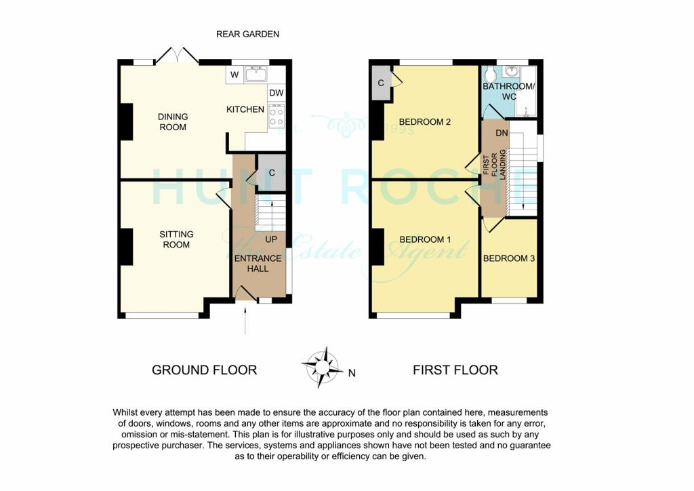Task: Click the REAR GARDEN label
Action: pyautogui.click(x=247, y=34)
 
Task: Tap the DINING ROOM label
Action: pyautogui.click(x=173, y=121)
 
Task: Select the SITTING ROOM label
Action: pyautogui.click(x=176, y=239)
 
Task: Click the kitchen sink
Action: pyautogui.click(x=256, y=74)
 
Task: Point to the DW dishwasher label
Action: pyautogui.click(x=276, y=94)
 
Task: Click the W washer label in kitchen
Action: pyautogui.click(x=234, y=75)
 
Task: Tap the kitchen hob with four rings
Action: pyautogui.click(x=276, y=115)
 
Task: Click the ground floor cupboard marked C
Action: pyautogui.click(x=271, y=172)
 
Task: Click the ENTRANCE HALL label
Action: pyautogui.click(x=258, y=263)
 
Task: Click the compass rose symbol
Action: pyautogui.click(x=321, y=366)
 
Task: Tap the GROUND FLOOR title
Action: pyautogui.click(x=204, y=370)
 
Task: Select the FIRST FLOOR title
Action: pyautogui.click(x=455, y=370)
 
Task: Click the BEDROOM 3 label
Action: pyautogui.click(x=508, y=258)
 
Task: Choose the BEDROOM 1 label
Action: pyautogui.click(x=425, y=239)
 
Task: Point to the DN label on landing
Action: pyautogui.click(x=502, y=134)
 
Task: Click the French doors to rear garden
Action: pyautogui.click(x=177, y=56)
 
